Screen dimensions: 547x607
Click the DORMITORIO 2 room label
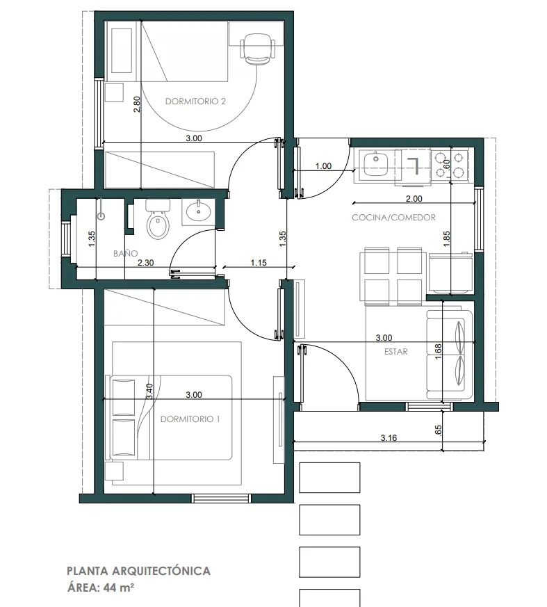(x=195, y=102)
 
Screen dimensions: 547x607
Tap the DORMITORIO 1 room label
(x=190, y=419)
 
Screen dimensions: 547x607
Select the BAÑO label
(x=125, y=253)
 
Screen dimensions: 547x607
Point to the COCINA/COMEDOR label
(x=393, y=218)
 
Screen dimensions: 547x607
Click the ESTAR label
(x=395, y=352)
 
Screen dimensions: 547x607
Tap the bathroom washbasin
(x=199, y=211)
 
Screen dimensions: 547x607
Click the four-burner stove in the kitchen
(x=449, y=164)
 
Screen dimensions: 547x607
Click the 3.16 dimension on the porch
(x=389, y=438)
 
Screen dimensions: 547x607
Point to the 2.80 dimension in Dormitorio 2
(x=137, y=104)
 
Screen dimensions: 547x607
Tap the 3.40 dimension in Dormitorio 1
(x=150, y=391)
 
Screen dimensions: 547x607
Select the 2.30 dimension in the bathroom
(x=145, y=262)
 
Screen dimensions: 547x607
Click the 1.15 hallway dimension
(x=259, y=262)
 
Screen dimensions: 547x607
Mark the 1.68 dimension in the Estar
(x=438, y=352)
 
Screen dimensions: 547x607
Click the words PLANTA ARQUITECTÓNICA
(x=138, y=571)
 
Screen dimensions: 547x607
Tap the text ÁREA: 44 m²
(x=101, y=588)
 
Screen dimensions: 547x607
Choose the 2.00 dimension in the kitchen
(x=414, y=199)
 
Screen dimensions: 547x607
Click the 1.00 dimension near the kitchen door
(x=323, y=166)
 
